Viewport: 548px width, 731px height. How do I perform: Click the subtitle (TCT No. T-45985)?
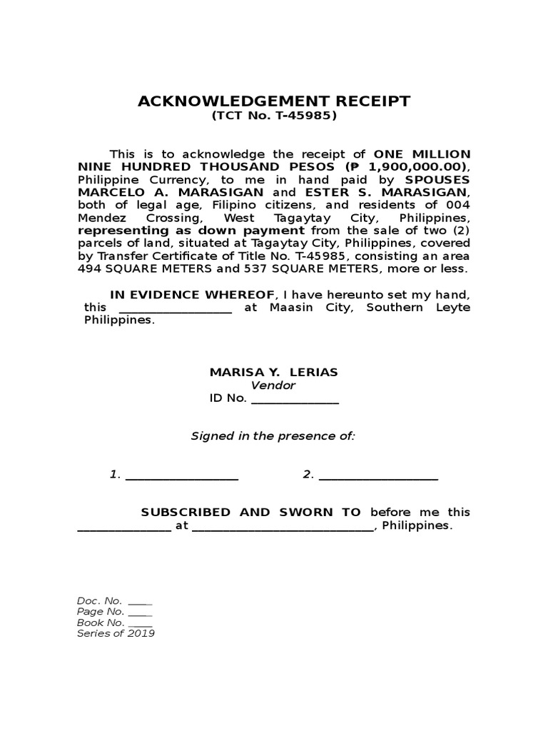(x=274, y=116)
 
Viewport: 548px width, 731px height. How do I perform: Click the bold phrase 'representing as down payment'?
(x=191, y=231)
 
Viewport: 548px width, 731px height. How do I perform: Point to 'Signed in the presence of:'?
(x=273, y=436)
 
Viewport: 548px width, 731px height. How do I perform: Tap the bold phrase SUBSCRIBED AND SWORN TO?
(x=250, y=513)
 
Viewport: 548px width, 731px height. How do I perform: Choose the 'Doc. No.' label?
(x=99, y=601)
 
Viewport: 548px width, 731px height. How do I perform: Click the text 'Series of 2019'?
(x=116, y=633)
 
